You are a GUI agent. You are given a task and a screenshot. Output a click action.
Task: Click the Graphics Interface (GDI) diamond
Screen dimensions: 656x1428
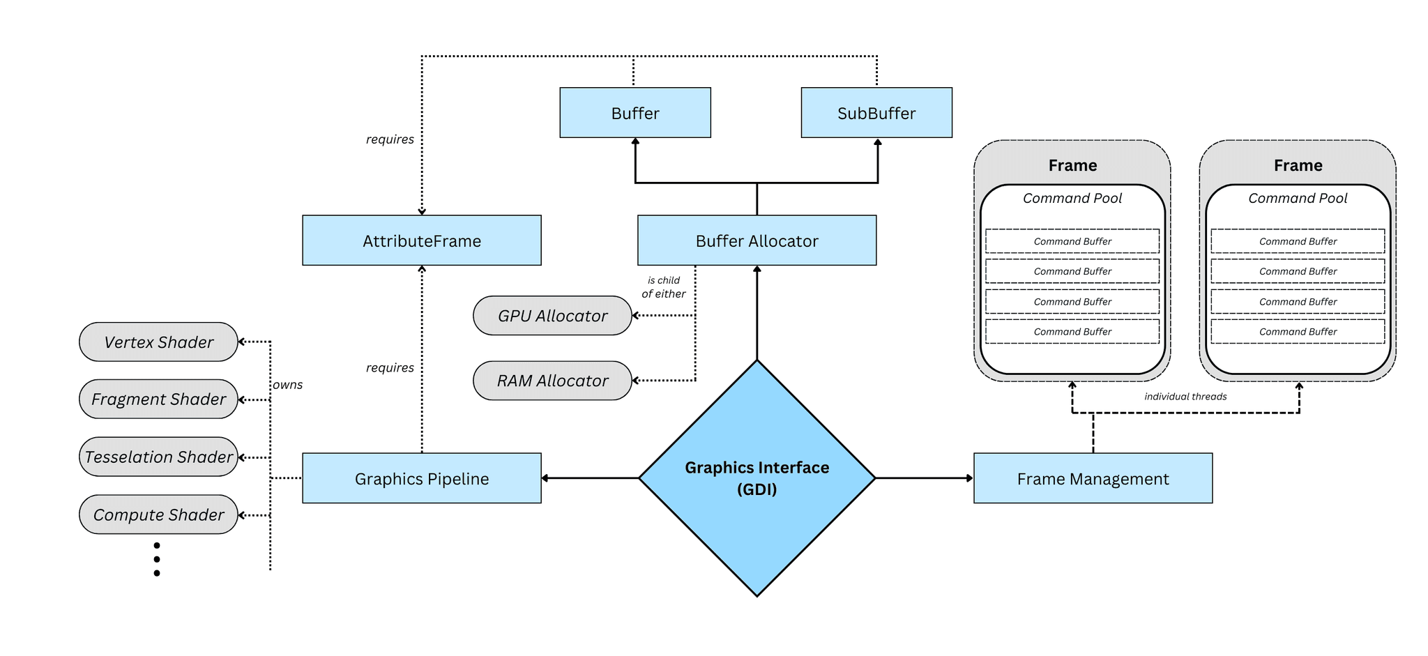757,478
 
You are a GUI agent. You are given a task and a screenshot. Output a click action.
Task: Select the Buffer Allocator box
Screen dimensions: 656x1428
757,241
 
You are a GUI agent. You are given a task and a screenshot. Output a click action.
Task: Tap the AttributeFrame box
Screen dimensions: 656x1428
421,241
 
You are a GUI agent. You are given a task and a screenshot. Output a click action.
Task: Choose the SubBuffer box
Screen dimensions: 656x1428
876,113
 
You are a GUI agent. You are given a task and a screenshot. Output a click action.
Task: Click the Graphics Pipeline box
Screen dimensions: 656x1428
421,478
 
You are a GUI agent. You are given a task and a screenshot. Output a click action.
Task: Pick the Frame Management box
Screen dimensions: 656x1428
1093,478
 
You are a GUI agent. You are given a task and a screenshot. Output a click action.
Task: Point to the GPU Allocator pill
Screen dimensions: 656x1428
552,316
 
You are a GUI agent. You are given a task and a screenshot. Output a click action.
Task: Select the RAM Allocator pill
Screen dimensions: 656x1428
552,381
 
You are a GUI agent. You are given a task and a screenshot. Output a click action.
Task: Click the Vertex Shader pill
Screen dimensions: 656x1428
158,342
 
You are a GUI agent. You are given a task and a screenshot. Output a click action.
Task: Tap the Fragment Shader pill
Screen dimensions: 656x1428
158,399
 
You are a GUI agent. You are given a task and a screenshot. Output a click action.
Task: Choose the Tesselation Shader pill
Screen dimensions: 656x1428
158,457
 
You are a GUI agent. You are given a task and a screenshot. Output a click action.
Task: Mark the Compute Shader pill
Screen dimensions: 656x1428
158,514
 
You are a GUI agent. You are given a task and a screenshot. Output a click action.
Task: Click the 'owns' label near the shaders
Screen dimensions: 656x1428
288,385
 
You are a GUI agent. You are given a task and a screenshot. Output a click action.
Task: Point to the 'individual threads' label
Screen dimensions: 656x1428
1185,397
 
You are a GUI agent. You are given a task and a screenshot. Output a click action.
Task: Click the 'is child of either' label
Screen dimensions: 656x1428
663,287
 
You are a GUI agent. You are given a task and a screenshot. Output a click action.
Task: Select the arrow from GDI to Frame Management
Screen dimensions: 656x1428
924,478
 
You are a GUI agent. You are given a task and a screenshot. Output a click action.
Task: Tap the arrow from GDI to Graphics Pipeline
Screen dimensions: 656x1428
590,478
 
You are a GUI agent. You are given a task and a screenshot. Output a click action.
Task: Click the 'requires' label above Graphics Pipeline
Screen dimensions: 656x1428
390,368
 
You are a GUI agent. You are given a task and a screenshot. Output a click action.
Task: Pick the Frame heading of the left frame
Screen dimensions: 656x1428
1072,165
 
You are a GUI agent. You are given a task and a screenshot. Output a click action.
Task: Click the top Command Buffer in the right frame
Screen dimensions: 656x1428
1298,241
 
